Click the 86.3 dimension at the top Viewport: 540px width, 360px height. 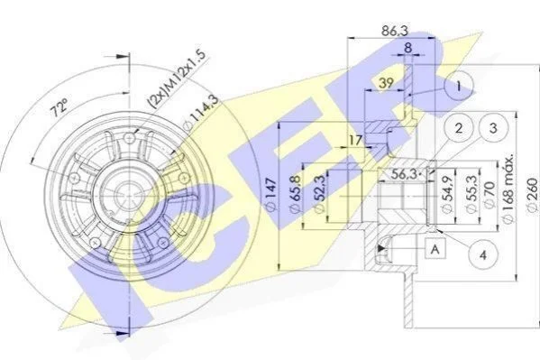click(394, 31)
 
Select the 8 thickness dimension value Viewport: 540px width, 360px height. click(407, 48)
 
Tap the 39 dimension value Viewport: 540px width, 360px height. click(386, 83)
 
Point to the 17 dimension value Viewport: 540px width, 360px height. click(356, 140)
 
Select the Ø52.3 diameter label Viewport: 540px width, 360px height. click(318, 194)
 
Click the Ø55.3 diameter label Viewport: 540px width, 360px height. click(471, 195)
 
